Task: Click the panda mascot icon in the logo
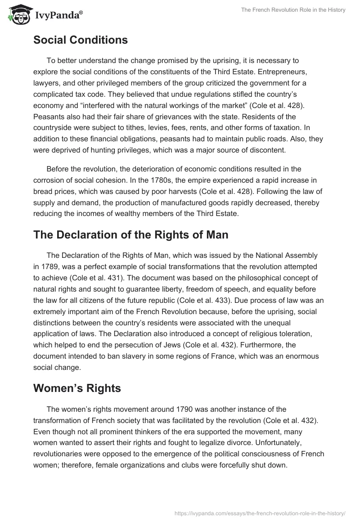(x=18, y=15)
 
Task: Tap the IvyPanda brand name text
(x=57, y=16)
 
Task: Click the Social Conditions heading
(x=81, y=40)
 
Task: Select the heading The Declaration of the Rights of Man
(x=130, y=234)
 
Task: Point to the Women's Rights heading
(x=77, y=388)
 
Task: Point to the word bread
(x=43, y=191)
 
